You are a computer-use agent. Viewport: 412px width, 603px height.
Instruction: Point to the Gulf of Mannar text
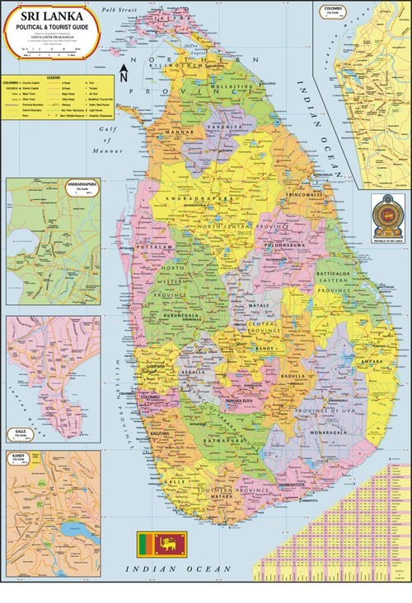pyautogui.click(x=109, y=135)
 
